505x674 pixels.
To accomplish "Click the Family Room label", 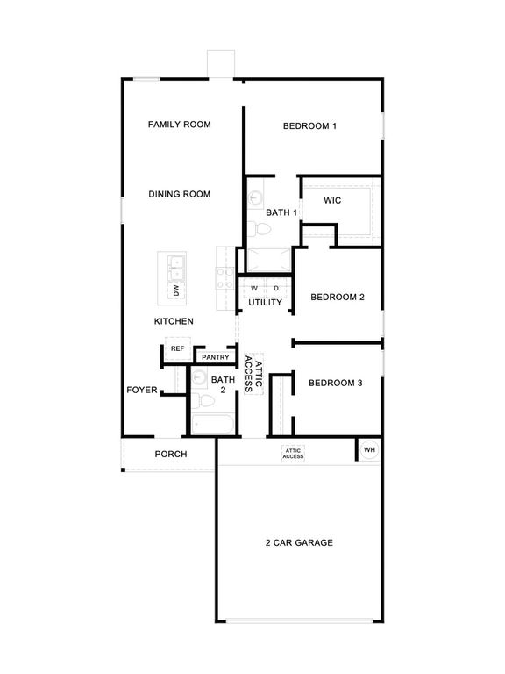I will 180,125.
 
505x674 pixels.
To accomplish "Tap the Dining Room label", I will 179,194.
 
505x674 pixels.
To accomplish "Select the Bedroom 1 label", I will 309,126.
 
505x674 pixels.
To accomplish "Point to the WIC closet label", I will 331,201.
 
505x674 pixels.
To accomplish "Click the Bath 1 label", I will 281,212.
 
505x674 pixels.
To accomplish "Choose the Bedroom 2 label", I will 337,297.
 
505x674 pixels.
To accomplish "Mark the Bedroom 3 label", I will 335,383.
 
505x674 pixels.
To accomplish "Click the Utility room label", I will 265,303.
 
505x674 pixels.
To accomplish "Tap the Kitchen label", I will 174,321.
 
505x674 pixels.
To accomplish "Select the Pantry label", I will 215,357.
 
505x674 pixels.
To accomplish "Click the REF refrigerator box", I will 177,348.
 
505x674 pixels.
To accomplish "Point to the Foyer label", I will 141,389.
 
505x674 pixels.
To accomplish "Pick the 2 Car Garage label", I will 299,542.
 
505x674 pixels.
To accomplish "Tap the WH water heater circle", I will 368,449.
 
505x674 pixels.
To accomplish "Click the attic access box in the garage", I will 293,454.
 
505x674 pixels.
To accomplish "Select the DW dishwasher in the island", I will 176,290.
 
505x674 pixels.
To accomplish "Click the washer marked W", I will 254,288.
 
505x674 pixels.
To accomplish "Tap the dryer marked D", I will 275,288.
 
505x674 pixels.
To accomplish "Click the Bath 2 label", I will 217,384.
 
